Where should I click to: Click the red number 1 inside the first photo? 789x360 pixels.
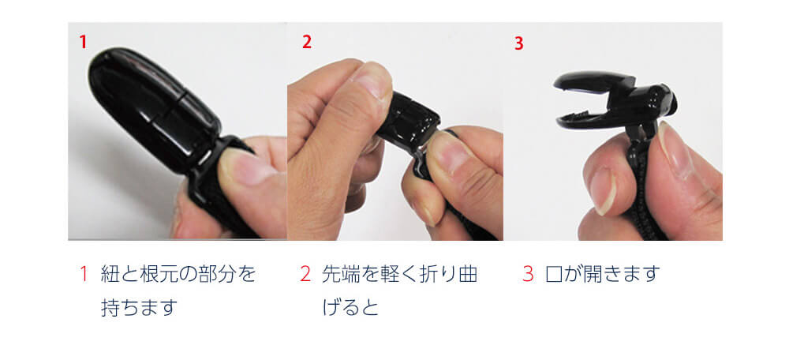83,43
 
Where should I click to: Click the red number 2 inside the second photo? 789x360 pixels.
307,43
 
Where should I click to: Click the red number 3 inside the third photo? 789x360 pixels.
519,43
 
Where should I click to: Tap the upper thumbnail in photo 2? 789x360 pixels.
372,81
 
